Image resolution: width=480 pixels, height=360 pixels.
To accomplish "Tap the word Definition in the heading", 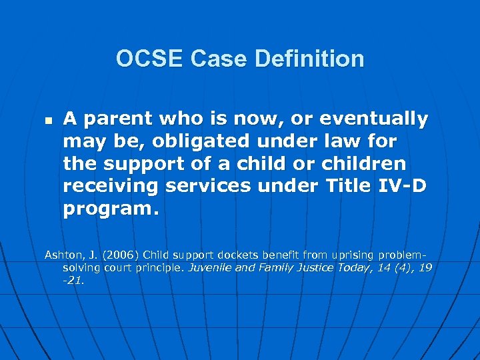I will (309, 59).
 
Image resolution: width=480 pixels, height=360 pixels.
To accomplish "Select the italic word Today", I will (354, 267).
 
